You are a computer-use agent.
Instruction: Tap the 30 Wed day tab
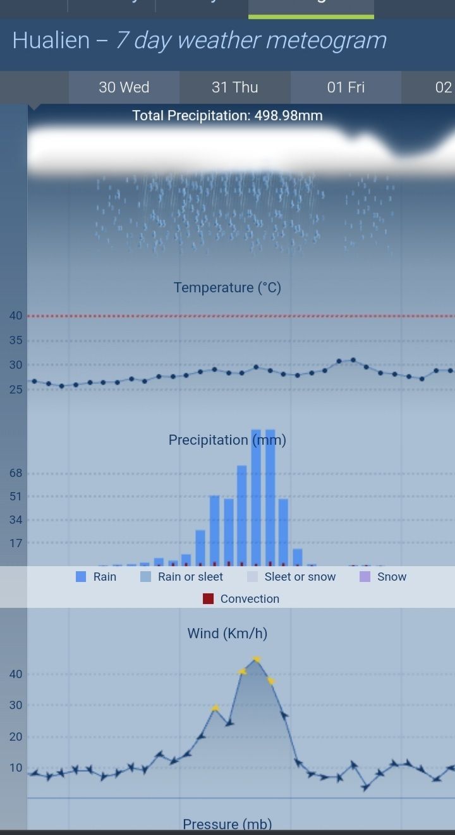(x=124, y=87)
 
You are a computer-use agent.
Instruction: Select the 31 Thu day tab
(x=235, y=87)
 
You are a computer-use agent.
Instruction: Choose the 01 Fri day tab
(x=346, y=87)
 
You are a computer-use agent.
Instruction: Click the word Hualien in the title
(x=51, y=40)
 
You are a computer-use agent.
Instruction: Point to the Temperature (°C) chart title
(x=227, y=288)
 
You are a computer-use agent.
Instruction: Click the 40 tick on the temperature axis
(x=16, y=316)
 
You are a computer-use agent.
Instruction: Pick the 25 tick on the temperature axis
(x=16, y=390)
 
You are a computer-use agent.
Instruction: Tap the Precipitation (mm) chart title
(x=227, y=440)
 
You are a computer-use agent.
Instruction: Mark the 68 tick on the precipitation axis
(x=16, y=473)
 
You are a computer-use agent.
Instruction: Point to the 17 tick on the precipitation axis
(x=16, y=543)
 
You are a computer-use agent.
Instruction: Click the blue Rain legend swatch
(x=81, y=576)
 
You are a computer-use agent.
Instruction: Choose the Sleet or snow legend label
(x=300, y=576)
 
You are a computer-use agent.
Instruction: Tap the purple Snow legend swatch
(x=364, y=576)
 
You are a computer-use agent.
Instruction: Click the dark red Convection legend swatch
(x=208, y=598)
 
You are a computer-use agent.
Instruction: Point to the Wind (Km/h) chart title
(x=227, y=633)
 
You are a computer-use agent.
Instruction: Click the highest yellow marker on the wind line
(x=256, y=659)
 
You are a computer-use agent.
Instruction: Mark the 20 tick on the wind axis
(x=16, y=736)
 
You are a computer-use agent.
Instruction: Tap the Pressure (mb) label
(x=227, y=824)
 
